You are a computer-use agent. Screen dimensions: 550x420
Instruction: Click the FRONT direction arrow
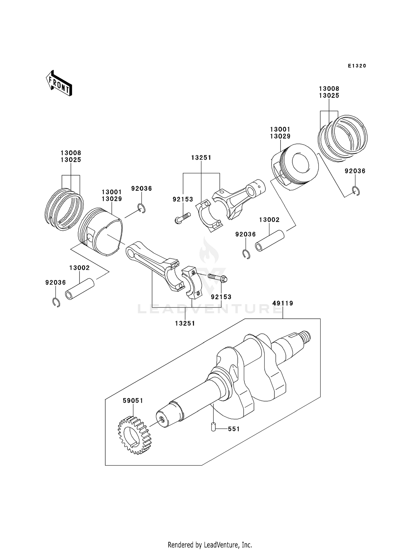point(59,84)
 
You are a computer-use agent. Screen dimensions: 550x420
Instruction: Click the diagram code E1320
point(357,66)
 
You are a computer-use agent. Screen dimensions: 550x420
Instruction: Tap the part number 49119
point(283,303)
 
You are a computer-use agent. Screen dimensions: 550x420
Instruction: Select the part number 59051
point(133,401)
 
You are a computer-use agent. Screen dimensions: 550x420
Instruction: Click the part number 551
point(234,429)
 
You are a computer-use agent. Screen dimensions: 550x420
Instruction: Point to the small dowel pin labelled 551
point(214,427)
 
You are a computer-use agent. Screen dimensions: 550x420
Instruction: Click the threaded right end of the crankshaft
point(306,336)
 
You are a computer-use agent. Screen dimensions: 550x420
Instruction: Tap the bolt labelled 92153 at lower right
point(218,278)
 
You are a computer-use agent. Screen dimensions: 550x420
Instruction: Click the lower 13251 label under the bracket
point(185,323)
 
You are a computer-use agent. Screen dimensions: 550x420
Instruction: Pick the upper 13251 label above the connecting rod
point(201,158)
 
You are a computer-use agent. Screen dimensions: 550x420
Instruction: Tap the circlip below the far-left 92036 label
point(56,302)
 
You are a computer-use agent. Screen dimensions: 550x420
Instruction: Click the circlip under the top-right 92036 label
point(356,191)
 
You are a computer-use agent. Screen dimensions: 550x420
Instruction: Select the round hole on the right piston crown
point(301,163)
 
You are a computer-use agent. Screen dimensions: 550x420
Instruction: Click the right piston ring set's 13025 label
point(329,96)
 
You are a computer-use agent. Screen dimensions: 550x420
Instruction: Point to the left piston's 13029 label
point(112,199)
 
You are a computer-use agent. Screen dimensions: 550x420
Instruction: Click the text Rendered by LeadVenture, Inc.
point(210,545)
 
